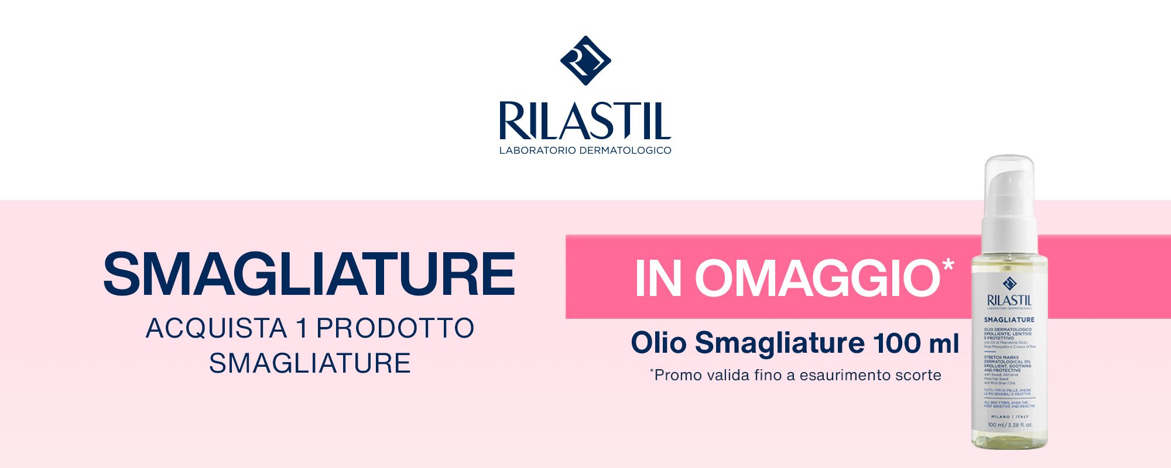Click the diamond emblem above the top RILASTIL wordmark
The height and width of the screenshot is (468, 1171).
click(x=585, y=60)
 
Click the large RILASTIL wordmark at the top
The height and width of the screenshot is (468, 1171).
click(x=585, y=122)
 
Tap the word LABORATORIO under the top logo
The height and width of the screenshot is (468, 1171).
click(x=537, y=150)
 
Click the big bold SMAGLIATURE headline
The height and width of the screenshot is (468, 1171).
click(x=309, y=274)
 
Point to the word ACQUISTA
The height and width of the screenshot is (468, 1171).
click(x=216, y=328)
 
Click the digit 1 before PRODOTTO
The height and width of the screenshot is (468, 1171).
click(x=302, y=328)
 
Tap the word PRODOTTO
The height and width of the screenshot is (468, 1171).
click(x=395, y=328)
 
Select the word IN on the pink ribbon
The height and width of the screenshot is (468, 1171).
click(x=658, y=279)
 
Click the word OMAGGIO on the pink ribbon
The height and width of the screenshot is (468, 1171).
click(x=817, y=279)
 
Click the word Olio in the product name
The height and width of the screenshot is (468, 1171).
click(x=658, y=343)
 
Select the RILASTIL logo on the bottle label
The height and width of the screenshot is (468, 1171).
click(x=1009, y=300)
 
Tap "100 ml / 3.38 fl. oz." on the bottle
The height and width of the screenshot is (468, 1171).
click(x=1009, y=425)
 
